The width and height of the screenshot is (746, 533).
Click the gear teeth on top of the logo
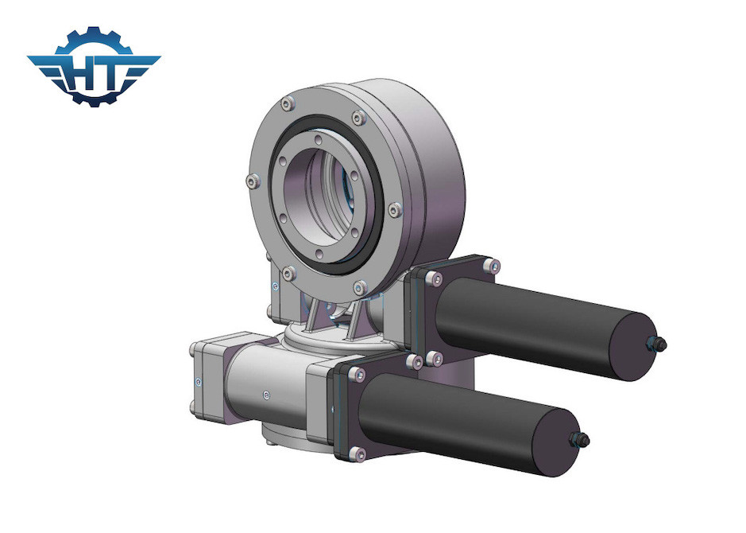(x=94, y=35)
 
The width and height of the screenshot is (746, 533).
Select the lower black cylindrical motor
(x=469, y=422)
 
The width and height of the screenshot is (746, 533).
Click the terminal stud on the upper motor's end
(x=659, y=343)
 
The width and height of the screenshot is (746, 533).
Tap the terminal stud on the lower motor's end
(x=582, y=438)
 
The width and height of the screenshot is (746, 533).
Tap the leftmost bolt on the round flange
(x=252, y=182)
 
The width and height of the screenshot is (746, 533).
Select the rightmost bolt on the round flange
(x=396, y=210)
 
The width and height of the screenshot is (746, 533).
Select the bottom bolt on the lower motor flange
(x=358, y=453)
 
